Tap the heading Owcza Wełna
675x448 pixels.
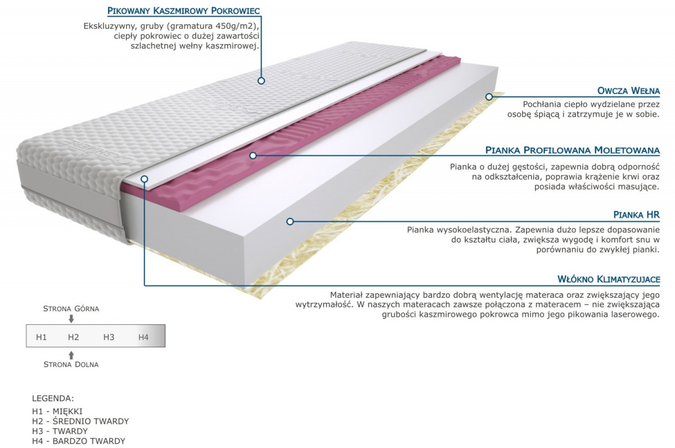click(628, 91)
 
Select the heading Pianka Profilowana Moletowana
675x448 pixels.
click(572, 150)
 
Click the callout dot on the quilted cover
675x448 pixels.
click(261, 80)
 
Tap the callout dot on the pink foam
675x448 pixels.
click(253, 155)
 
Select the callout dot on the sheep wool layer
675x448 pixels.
click(489, 97)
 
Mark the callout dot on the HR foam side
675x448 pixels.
click(290, 221)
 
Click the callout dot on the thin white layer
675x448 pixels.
click(145, 179)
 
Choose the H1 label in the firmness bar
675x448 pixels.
click(41, 337)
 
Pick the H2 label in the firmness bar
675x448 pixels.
click(73, 337)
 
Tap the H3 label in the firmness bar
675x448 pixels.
click(109, 337)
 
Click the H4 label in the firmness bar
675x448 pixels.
click(143, 337)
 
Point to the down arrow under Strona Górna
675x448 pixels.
click(71, 319)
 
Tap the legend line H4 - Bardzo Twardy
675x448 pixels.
click(79, 441)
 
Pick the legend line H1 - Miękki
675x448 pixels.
click(57, 411)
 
